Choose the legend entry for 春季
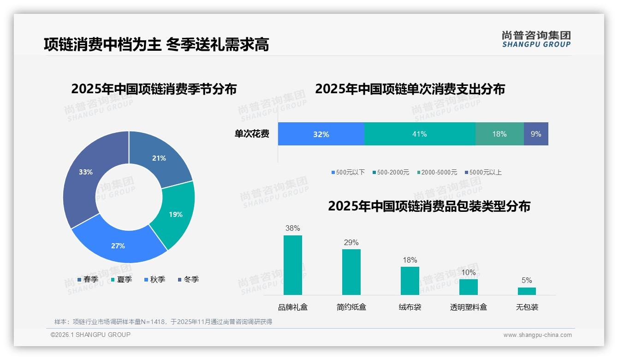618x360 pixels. tap(88, 279)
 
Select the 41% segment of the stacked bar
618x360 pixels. tap(419, 134)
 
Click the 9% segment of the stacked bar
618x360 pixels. tap(535, 134)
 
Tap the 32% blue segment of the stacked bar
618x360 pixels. tap(321, 134)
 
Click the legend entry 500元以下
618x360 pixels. tap(348, 172)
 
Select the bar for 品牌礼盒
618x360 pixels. tap(292, 265)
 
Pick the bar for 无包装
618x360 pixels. tap(527, 291)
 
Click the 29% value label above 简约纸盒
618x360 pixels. tap(351, 242)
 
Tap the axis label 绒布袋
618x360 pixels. tap(410, 307)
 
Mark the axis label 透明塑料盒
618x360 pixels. tap(468, 307)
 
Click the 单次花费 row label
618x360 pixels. tap(252, 134)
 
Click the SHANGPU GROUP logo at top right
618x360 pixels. tap(536, 39)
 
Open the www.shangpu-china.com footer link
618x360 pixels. tap(537, 335)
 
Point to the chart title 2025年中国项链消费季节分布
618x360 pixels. tap(154, 89)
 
